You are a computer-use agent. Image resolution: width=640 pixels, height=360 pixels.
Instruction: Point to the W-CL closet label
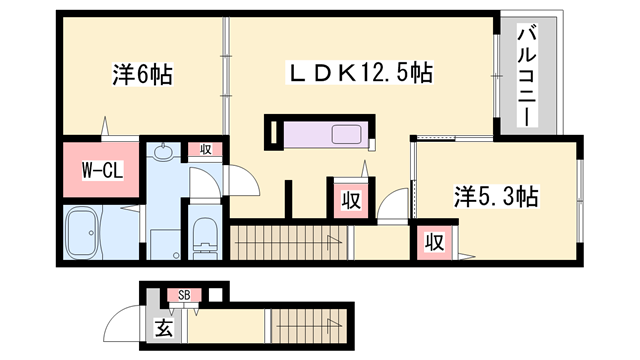pyautogui.click(x=101, y=171)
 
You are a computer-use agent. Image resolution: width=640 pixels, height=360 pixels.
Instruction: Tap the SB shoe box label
pyautogui.click(x=184, y=294)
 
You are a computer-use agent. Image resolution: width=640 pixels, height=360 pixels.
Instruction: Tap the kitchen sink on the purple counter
pyautogui.click(x=349, y=133)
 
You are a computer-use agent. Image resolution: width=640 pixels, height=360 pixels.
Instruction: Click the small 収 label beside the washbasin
pyautogui.click(x=206, y=150)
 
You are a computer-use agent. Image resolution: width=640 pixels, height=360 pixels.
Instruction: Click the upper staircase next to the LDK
pyautogui.click(x=290, y=243)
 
